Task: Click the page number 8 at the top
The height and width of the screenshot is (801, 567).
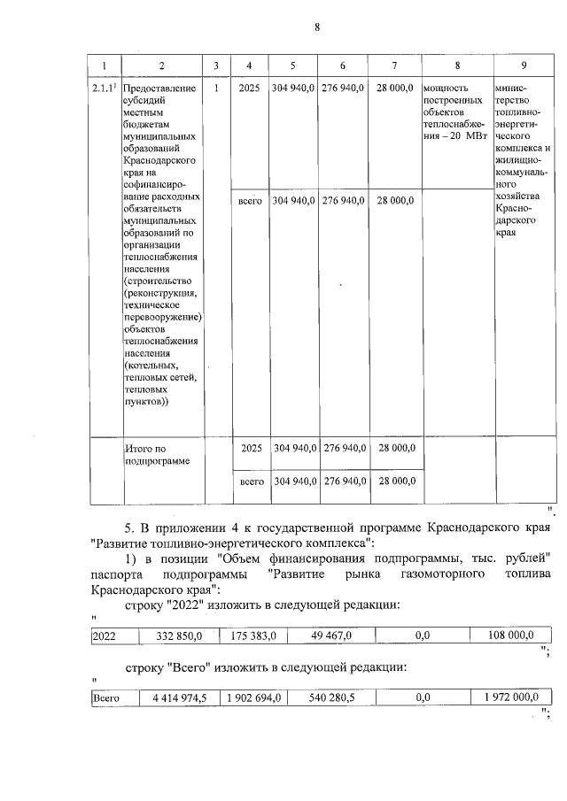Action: pyautogui.click(x=316, y=27)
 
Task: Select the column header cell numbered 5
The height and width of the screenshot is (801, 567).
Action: pyautogui.click(x=293, y=66)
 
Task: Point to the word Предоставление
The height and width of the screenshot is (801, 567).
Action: pyautogui.click(x=160, y=89)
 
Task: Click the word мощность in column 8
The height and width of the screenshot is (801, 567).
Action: pyautogui.click(x=447, y=89)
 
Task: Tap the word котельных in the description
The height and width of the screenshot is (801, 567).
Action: pyautogui.click(x=152, y=364)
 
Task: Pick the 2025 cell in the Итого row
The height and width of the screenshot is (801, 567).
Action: pyautogui.click(x=251, y=449)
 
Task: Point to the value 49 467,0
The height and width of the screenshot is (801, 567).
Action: pyautogui.click(x=332, y=635)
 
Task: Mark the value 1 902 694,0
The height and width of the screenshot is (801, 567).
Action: pyautogui.click(x=254, y=698)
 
